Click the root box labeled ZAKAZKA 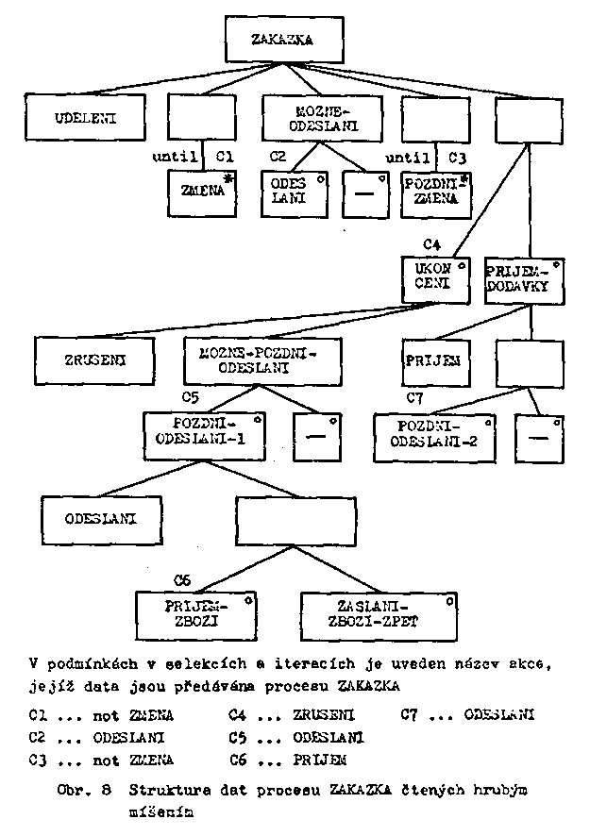click(x=269, y=40)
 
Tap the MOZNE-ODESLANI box click(x=310, y=119)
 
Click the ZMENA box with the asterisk click(x=201, y=192)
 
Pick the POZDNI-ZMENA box click(x=435, y=192)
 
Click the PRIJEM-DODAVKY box click(x=526, y=277)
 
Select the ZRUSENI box click(x=94, y=359)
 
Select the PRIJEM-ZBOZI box click(x=194, y=614)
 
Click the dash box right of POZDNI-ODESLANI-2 click(x=537, y=437)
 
